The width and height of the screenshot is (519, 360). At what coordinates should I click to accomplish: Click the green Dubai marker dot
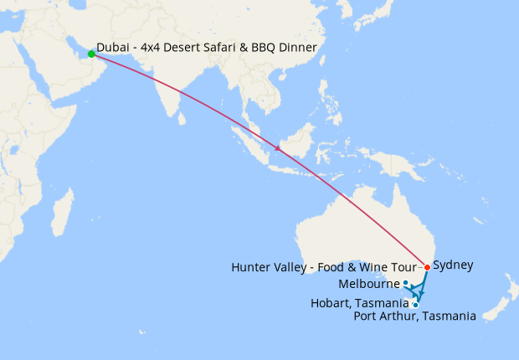pos(91,54)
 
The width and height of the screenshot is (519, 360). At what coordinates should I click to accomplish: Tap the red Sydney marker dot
pos(427,267)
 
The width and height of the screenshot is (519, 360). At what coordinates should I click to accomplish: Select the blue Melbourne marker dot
pos(406,283)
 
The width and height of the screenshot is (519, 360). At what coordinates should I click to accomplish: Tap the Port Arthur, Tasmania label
pos(415,316)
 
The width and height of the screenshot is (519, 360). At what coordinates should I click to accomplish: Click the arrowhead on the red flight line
pos(277,149)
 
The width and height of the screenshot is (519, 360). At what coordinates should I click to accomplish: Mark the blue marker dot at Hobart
pos(415,305)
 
